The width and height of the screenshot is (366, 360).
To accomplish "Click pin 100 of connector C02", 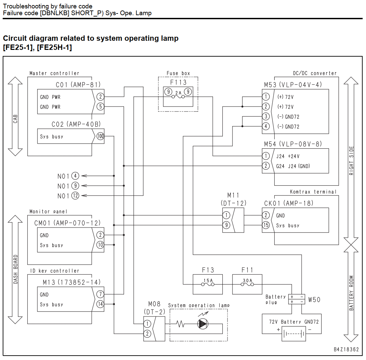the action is pyautogui.click(x=100, y=136).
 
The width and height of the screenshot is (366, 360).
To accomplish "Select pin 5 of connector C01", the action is pyautogui.click(x=100, y=107).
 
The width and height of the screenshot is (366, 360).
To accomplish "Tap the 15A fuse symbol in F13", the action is pyautogui.click(x=208, y=284).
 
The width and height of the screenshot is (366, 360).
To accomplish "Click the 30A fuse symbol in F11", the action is pyautogui.click(x=247, y=284).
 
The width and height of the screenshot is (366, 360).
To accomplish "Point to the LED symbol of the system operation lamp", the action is pyautogui.click(x=203, y=324).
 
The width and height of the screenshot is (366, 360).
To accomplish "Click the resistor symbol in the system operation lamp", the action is pyautogui.click(x=180, y=324).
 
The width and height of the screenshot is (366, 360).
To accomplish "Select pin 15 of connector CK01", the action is pyautogui.click(x=266, y=225).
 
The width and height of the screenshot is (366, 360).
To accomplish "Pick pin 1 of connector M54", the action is pyautogui.click(x=266, y=156).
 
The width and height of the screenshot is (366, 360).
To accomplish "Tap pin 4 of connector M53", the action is pyautogui.click(x=266, y=126).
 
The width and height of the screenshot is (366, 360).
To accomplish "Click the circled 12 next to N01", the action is pyautogui.click(x=75, y=196).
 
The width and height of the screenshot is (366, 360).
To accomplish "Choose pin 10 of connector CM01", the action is pyautogui.click(x=100, y=245).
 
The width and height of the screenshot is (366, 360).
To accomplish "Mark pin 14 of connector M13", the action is pyautogui.click(x=100, y=304).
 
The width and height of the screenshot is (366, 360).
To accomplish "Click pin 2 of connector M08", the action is pyautogui.click(x=147, y=334).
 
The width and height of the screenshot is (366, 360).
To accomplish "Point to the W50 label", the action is pyautogui.click(x=314, y=300).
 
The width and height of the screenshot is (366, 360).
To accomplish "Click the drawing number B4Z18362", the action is pyautogui.click(x=346, y=349).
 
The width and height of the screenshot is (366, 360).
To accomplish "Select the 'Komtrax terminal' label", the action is pyautogui.click(x=313, y=192).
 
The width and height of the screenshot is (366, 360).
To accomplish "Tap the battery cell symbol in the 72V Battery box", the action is pyautogui.click(x=294, y=334).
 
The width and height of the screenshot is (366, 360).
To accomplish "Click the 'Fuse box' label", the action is pyautogui.click(x=178, y=73).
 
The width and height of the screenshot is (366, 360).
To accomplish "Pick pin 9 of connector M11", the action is pyautogui.click(x=226, y=225).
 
